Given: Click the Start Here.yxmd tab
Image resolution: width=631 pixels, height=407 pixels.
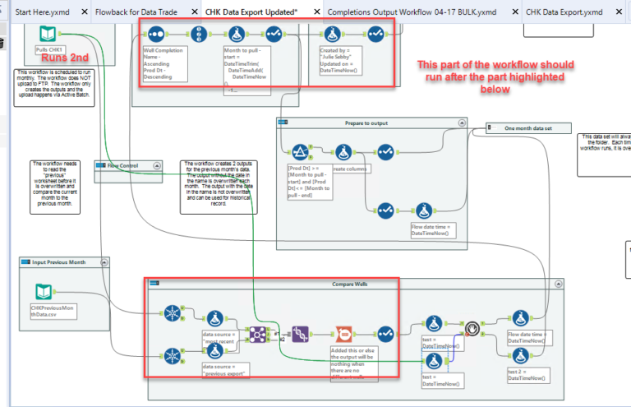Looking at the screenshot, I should [45, 12].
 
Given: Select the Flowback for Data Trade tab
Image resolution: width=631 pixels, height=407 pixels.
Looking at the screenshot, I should [139, 12].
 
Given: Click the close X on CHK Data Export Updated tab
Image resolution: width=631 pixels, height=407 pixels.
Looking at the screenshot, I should [314, 12].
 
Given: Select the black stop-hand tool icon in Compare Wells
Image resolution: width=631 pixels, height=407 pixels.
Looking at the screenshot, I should [472, 329].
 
